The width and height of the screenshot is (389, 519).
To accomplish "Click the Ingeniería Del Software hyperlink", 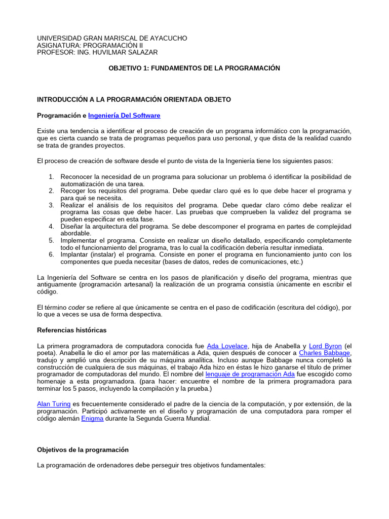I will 124,116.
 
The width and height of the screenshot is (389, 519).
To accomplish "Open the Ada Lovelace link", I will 227,346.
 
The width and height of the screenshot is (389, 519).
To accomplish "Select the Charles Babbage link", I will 325,353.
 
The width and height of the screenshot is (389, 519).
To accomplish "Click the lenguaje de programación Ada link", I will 250,374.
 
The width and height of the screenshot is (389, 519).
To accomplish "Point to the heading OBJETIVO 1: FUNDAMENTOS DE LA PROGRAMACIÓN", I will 194,68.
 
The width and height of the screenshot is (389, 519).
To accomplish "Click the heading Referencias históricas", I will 72,330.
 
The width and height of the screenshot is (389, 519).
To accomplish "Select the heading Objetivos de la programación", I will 83,450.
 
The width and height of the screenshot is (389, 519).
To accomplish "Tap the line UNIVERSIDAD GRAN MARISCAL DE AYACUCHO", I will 112,38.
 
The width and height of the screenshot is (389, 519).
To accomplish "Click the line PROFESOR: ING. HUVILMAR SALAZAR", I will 97,52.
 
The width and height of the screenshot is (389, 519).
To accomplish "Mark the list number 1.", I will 51,176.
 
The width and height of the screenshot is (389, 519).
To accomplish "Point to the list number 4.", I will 51,226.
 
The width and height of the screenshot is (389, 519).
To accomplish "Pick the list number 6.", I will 51,254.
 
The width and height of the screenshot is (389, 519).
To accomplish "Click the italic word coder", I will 76,307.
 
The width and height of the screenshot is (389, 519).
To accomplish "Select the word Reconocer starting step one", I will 76,176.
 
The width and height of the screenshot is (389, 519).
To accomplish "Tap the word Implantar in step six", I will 75,254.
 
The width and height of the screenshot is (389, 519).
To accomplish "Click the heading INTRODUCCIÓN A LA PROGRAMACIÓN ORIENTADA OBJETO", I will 134,100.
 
